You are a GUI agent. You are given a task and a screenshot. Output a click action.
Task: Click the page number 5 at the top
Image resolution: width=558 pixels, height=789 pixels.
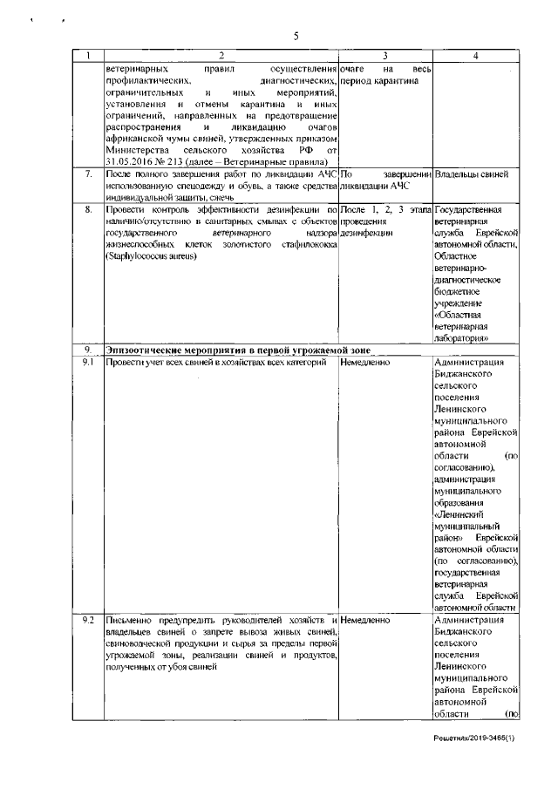(x=296, y=37)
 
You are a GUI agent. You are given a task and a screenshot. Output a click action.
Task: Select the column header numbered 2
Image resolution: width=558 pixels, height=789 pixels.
(x=221, y=56)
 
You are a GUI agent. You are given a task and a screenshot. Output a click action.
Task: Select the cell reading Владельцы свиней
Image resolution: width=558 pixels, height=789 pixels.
(x=471, y=174)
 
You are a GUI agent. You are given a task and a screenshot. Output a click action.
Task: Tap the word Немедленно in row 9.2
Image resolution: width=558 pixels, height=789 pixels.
(x=366, y=619)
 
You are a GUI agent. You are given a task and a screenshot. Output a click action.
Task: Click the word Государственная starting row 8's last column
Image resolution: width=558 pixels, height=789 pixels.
(x=474, y=211)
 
